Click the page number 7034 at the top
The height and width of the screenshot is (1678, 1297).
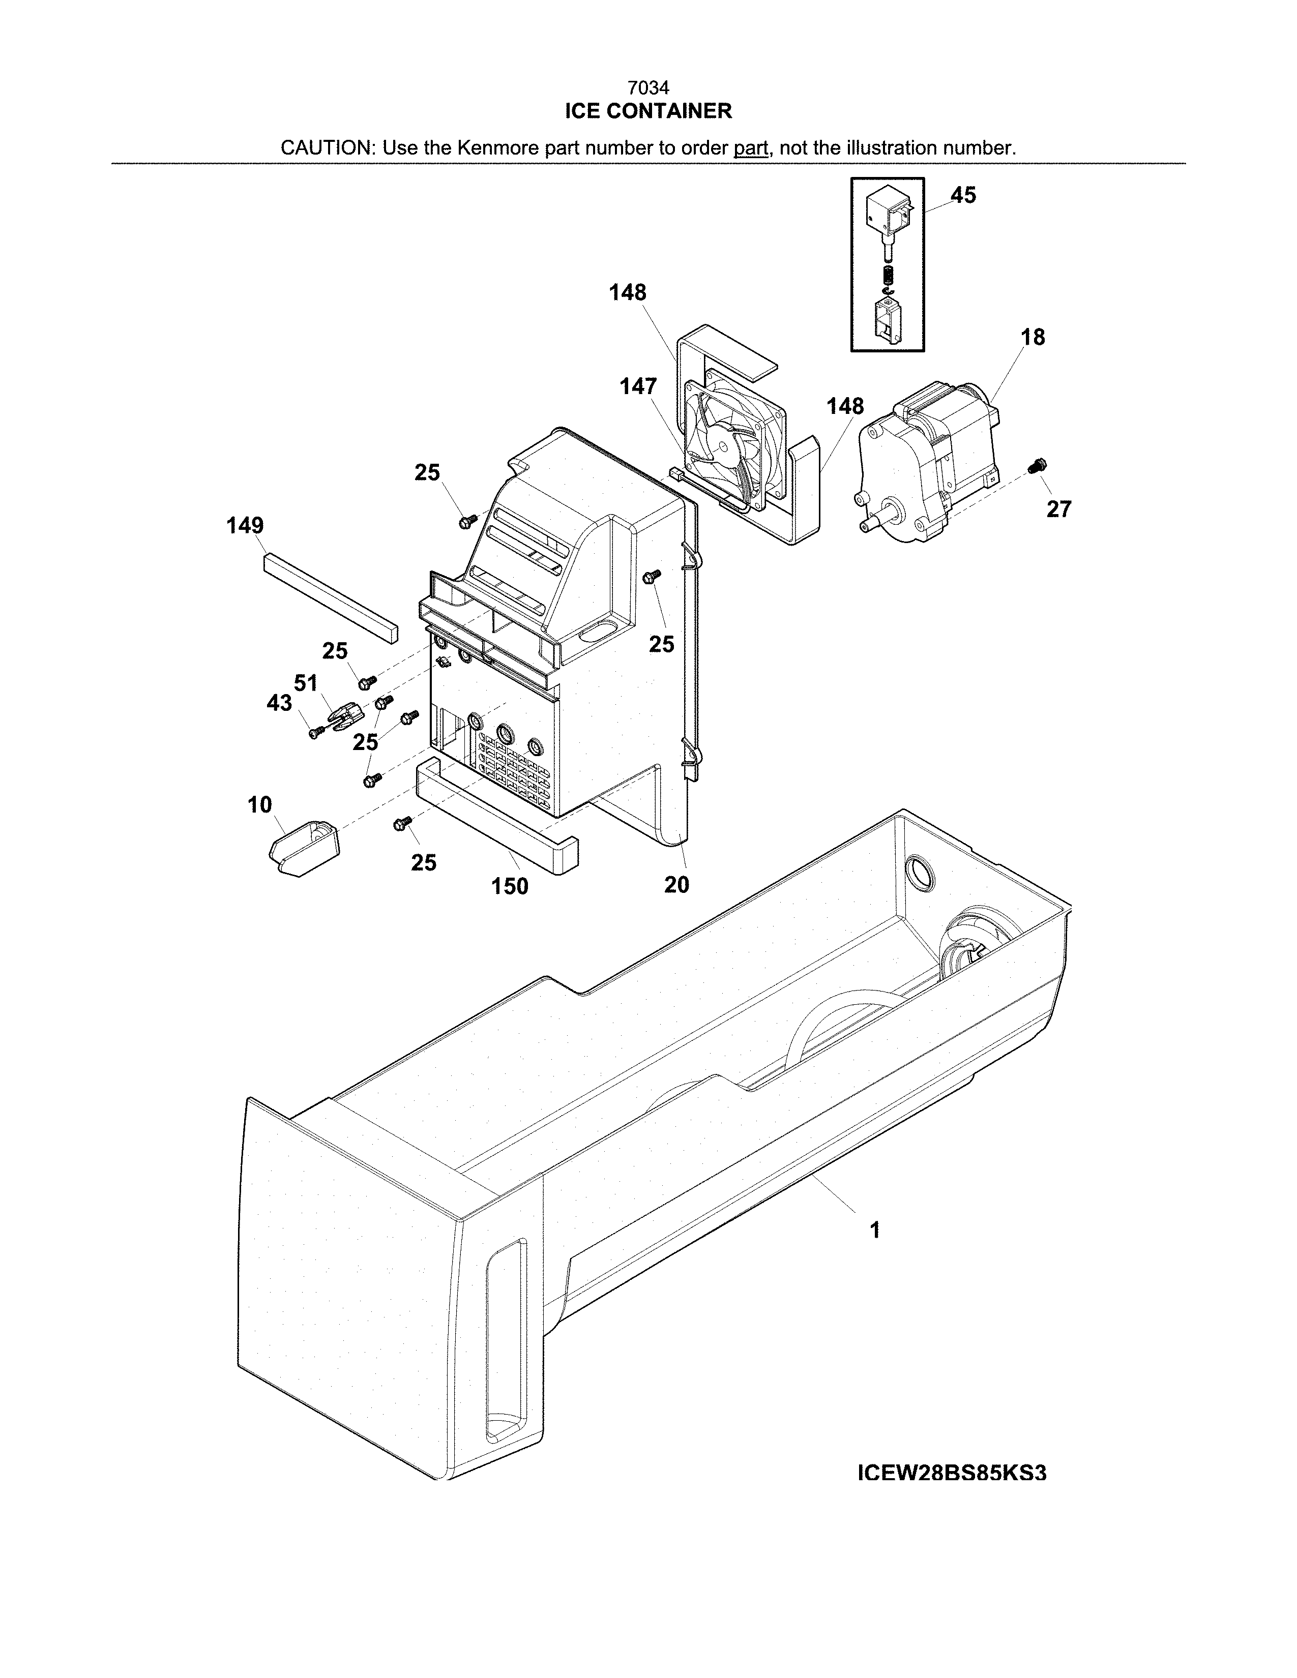coord(647,88)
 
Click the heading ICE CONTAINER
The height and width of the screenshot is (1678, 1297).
coord(647,111)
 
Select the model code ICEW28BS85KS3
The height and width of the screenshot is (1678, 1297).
coord(951,1473)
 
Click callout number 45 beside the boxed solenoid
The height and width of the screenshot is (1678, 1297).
coord(963,195)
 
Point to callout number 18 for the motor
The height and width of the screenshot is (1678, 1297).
coord(1033,337)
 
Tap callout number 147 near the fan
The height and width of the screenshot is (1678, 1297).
coord(638,386)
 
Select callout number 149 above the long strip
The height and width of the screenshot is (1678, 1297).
coord(245,526)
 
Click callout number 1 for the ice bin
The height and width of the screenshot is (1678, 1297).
coord(874,1230)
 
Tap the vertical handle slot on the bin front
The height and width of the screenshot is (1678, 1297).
coord(507,1350)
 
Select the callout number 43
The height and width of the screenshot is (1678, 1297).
coord(279,702)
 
